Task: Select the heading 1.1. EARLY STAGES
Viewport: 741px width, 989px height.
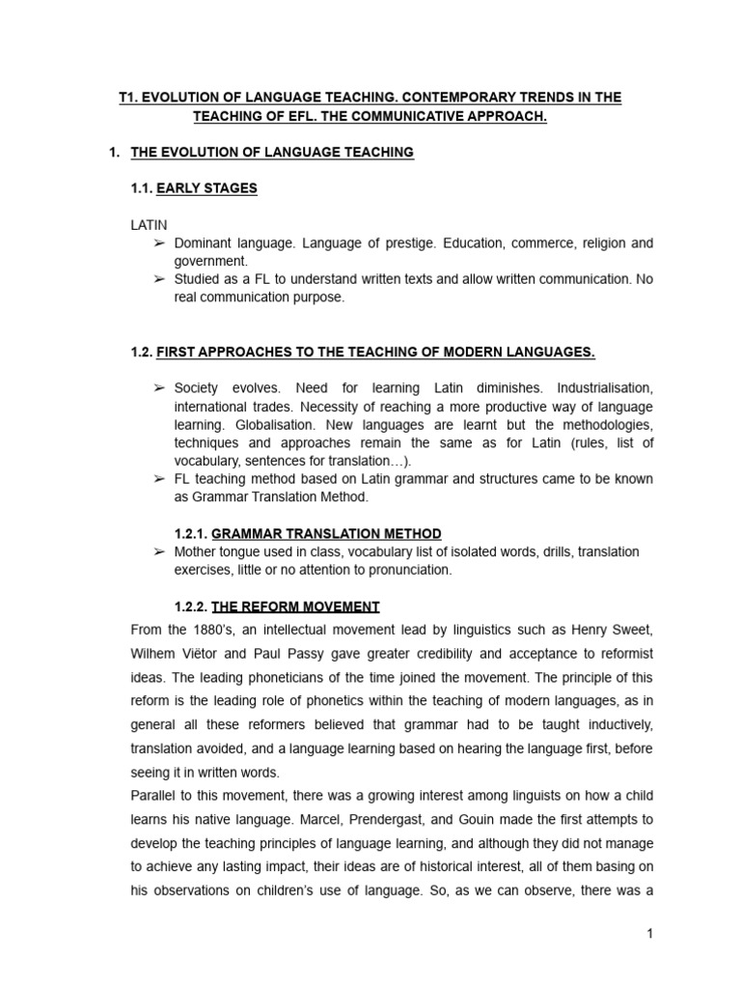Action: click(x=194, y=188)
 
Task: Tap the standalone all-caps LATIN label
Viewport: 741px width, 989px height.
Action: click(x=149, y=224)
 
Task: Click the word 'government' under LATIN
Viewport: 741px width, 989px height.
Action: click(x=208, y=261)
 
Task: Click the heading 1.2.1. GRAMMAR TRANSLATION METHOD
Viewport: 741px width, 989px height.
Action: click(x=308, y=533)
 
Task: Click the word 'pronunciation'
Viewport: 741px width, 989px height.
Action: click(x=406, y=570)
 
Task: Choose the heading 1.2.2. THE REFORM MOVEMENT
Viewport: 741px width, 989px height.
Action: click(x=277, y=607)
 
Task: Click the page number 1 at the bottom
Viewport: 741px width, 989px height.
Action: click(x=650, y=933)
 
